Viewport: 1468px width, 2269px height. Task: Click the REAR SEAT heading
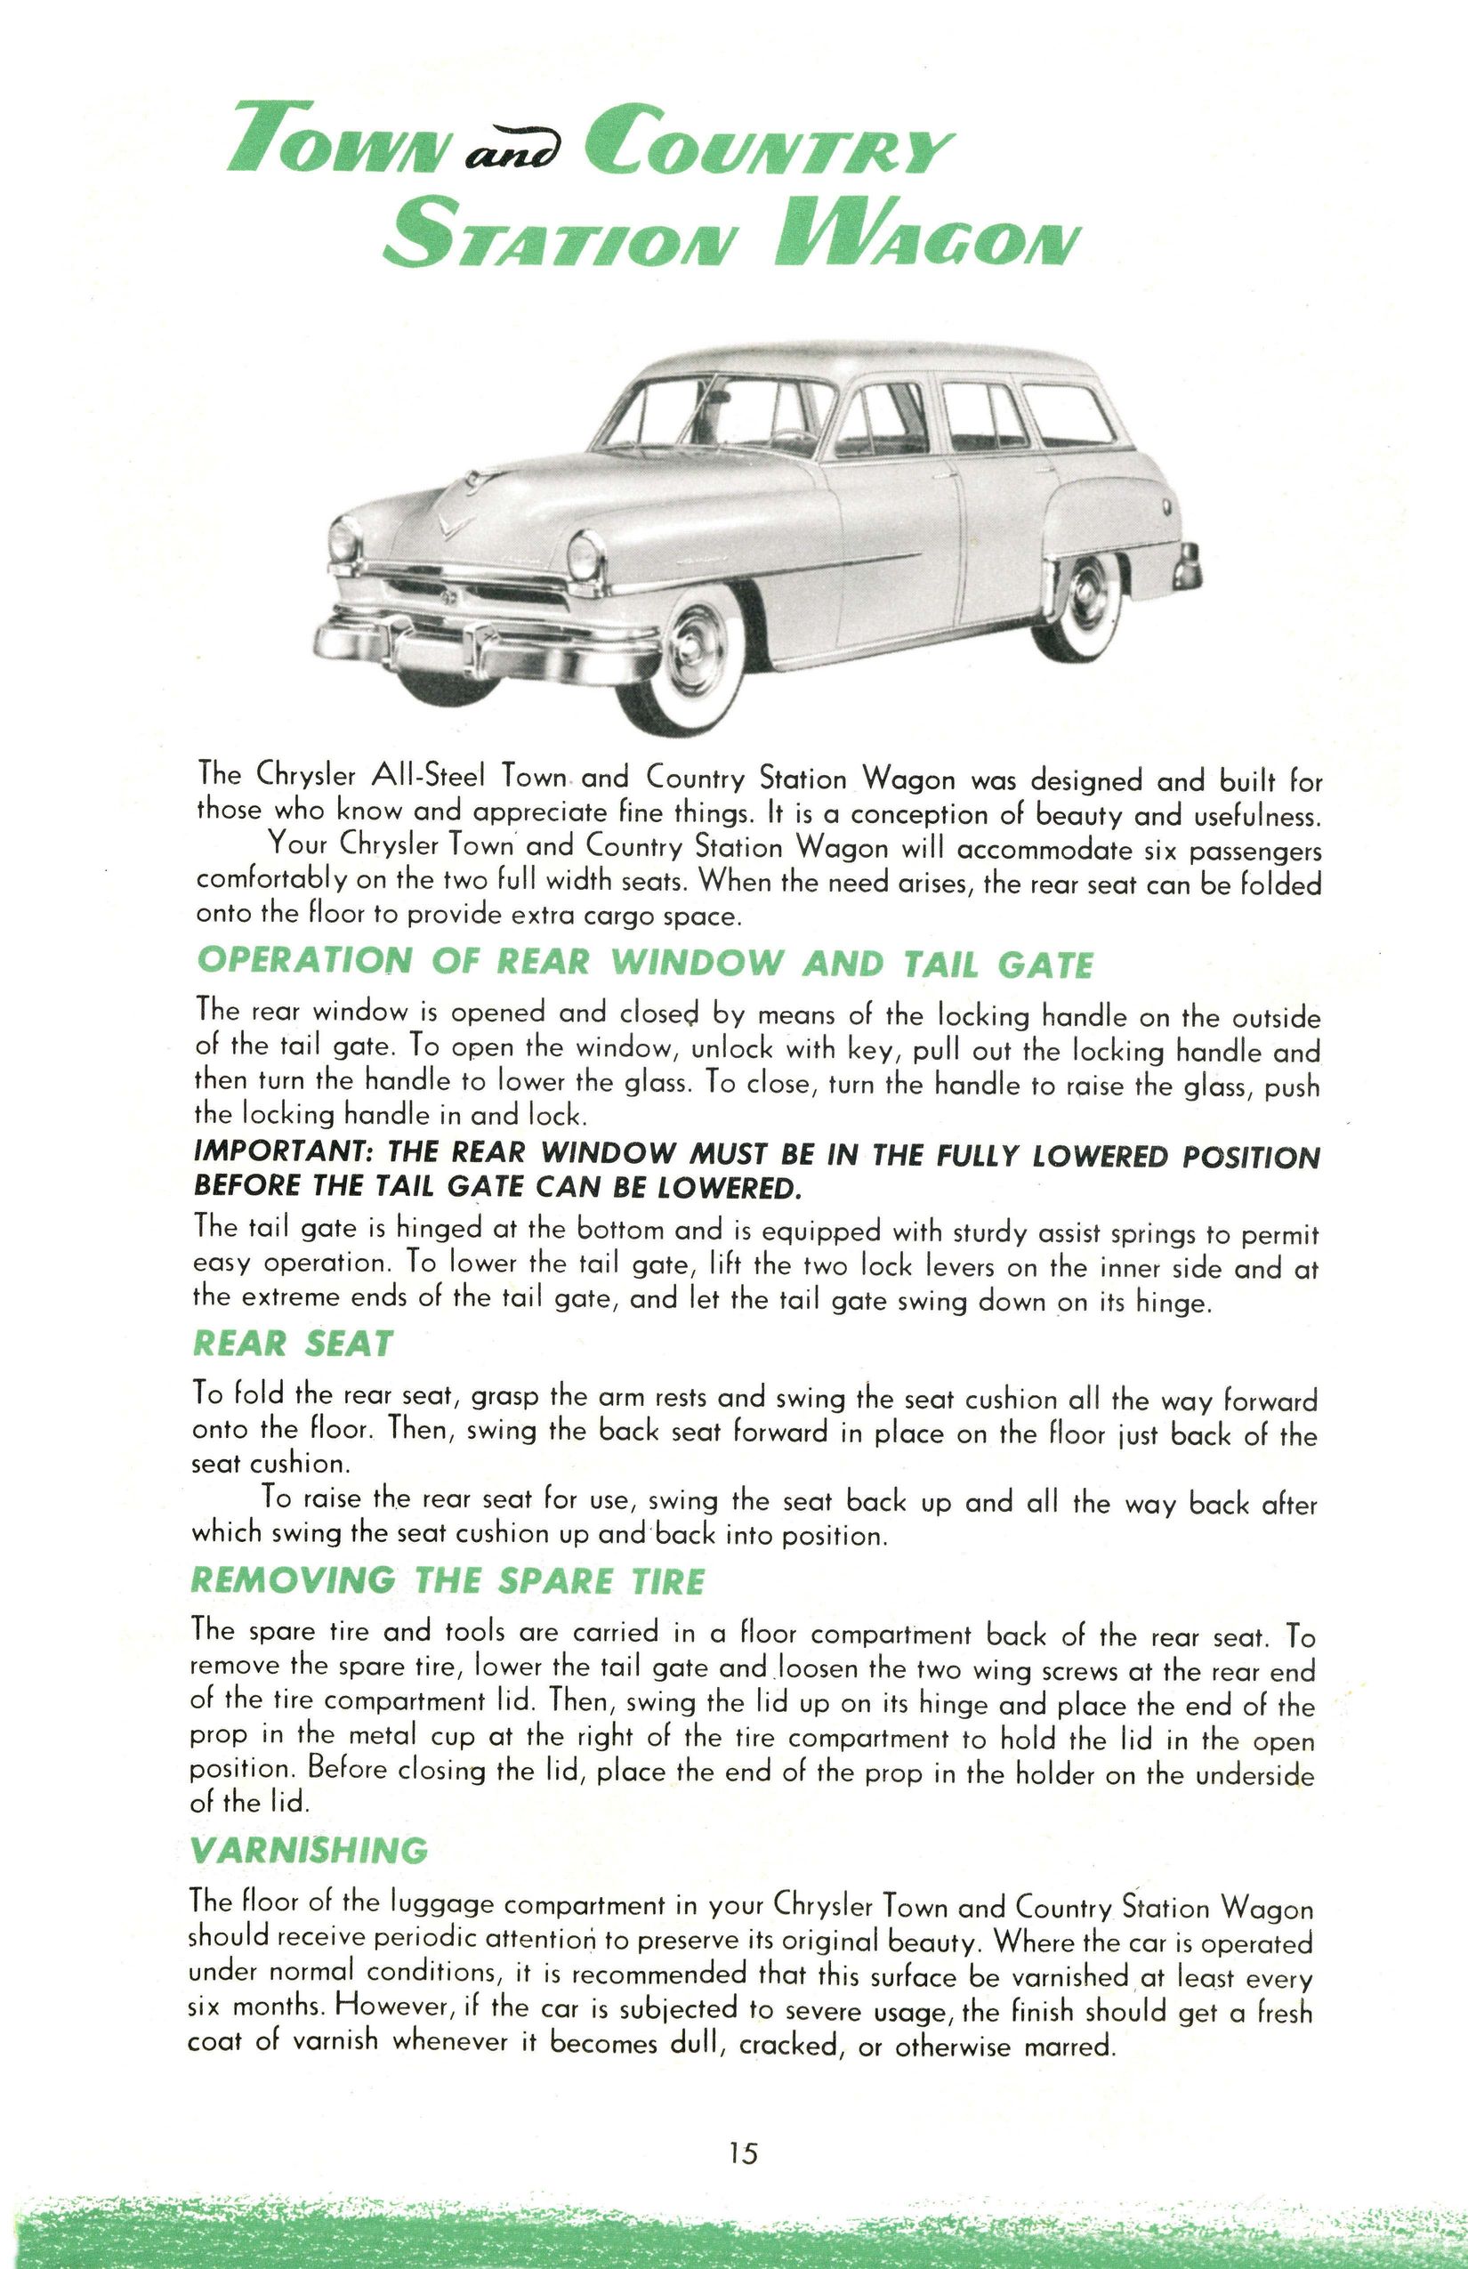click(x=293, y=1344)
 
